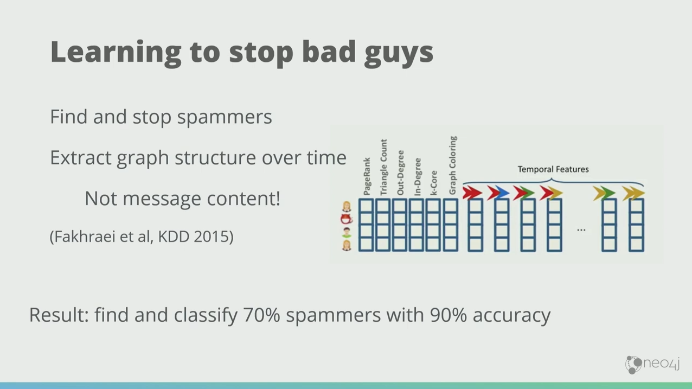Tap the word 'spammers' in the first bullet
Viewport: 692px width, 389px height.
click(225, 117)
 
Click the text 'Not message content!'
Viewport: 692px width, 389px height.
click(183, 199)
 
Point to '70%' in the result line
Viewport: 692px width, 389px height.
click(261, 315)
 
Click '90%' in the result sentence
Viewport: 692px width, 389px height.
click(448, 315)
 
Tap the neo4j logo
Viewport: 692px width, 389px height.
click(652, 365)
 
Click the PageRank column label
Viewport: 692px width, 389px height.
click(367, 176)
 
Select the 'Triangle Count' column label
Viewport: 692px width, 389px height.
click(383, 167)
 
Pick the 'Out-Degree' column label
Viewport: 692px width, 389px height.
click(400, 173)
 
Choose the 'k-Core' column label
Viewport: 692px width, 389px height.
click(434, 183)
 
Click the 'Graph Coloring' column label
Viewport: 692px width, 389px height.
click(453, 165)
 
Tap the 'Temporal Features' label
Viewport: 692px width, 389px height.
click(553, 169)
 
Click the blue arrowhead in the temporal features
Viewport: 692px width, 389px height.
click(502, 193)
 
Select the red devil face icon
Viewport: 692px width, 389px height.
click(347, 219)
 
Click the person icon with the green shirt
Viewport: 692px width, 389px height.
click(347, 233)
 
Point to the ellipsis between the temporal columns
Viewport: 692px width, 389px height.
click(581, 230)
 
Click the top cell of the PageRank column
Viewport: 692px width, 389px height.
click(367, 206)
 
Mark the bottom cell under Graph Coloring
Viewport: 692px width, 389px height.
click(451, 244)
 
